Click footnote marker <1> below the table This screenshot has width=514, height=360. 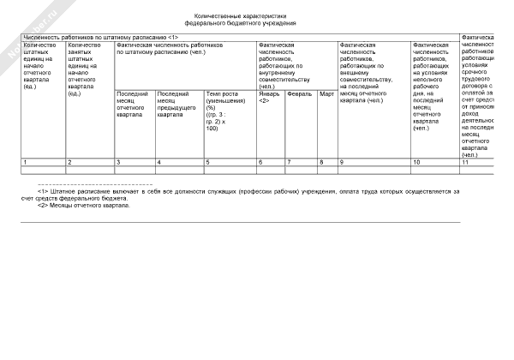point(42,192)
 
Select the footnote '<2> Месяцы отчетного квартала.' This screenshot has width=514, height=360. point(84,206)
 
